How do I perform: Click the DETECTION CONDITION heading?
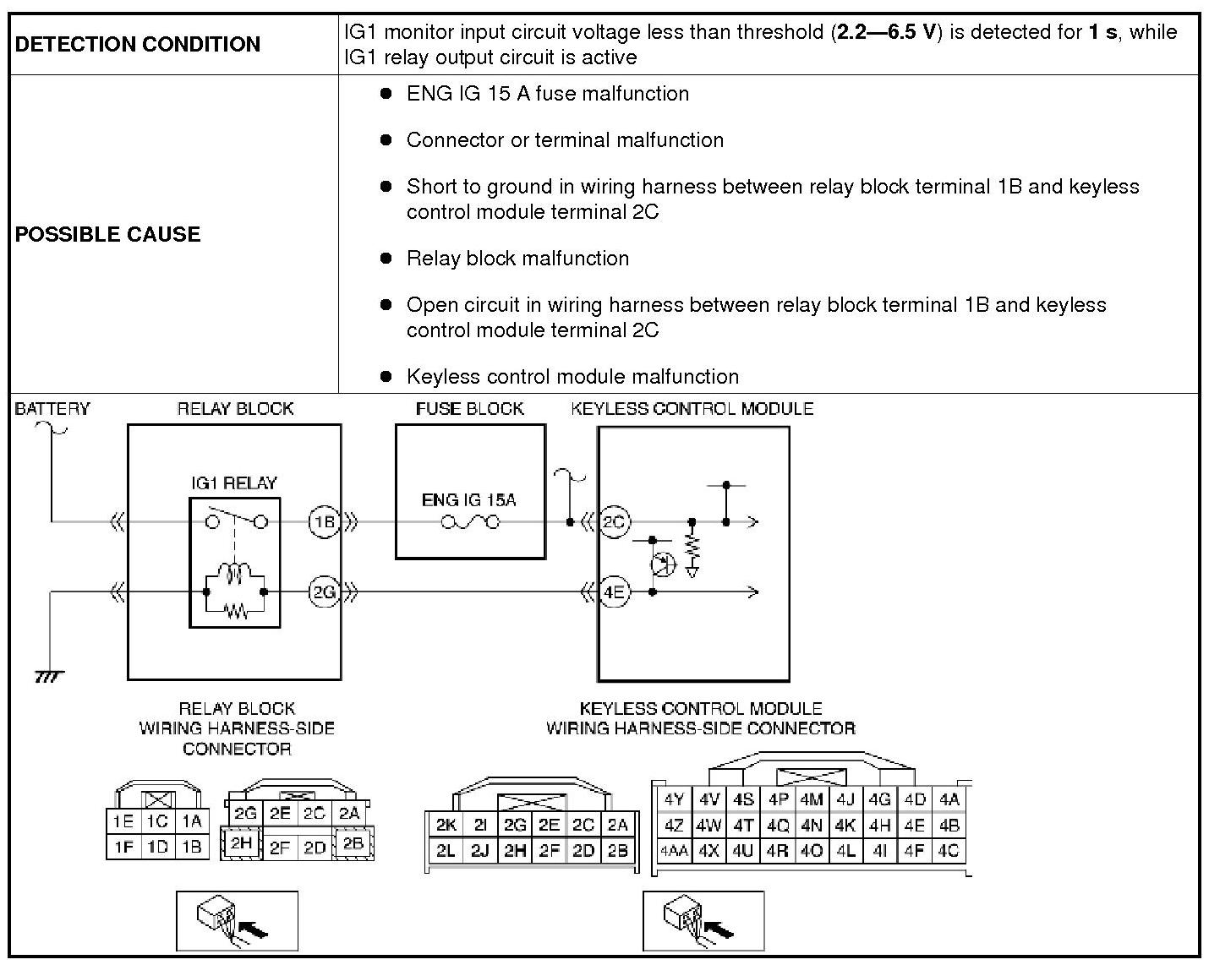(x=138, y=45)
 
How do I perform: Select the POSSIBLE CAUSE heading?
(x=108, y=234)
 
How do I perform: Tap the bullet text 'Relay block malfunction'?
(x=517, y=259)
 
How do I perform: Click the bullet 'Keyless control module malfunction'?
(x=572, y=377)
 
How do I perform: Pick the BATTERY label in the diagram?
(x=52, y=409)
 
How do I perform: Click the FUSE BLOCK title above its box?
(x=469, y=409)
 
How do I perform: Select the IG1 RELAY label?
(x=234, y=483)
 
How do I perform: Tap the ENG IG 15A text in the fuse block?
(x=468, y=500)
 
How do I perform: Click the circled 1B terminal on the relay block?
(x=324, y=522)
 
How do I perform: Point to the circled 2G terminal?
(x=324, y=592)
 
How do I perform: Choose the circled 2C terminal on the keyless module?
(x=614, y=522)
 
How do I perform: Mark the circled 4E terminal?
(x=614, y=592)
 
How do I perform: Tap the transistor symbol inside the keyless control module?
(x=663, y=564)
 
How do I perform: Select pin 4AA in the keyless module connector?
(x=673, y=851)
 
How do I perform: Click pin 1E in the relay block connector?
(x=123, y=821)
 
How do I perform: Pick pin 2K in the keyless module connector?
(x=446, y=826)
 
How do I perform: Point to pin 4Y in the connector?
(x=674, y=799)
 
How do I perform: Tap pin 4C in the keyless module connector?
(x=949, y=851)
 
